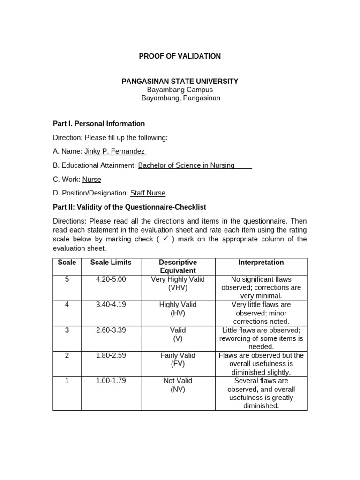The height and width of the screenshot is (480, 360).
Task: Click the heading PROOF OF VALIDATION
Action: (180, 56)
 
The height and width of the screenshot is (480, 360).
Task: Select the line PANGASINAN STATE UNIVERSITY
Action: (180, 82)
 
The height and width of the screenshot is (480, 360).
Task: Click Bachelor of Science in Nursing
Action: (186, 165)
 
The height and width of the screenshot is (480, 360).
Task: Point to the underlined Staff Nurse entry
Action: (148, 193)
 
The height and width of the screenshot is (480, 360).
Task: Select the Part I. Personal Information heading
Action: (98, 124)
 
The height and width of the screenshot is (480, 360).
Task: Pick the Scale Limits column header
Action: (111, 262)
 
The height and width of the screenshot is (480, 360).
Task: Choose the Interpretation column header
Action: (261, 262)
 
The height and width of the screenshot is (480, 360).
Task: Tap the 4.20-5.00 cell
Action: (111, 279)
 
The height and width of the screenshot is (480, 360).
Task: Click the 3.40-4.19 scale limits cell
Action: (111, 305)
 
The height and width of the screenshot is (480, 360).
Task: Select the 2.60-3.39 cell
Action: (111, 330)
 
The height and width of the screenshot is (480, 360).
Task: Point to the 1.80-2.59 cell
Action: (111, 355)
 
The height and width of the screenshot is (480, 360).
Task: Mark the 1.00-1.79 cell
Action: (111, 381)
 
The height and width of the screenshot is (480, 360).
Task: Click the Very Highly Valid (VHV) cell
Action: (178, 284)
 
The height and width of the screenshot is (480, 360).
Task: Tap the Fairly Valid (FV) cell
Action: (178, 360)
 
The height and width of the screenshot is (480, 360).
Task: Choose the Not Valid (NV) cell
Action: (178, 385)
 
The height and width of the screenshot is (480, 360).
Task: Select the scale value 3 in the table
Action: (67, 330)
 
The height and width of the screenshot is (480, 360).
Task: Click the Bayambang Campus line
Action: (180, 90)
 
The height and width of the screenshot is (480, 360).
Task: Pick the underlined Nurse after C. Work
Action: (92, 180)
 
